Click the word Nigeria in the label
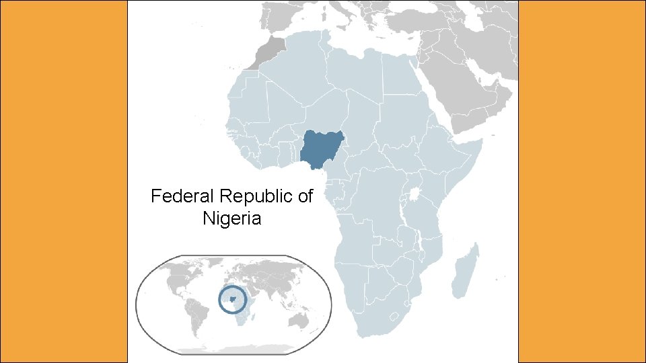click(x=231, y=218)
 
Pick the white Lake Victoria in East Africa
click(x=415, y=196)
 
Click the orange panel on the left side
click(x=64, y=182)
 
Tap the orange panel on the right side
click(x=582, y=182)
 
